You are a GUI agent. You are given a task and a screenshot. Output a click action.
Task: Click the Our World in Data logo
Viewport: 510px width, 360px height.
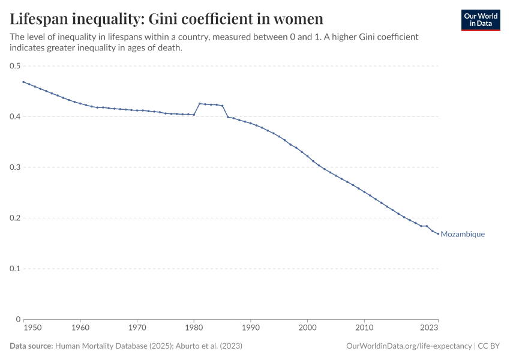tap(480, 20)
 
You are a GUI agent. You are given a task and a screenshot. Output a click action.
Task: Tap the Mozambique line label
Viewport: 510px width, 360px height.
tap(463, 235)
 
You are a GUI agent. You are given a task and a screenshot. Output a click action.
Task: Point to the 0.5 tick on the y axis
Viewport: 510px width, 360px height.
tap(14, 66)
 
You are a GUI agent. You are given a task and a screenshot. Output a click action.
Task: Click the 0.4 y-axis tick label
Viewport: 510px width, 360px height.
tap(14, 116)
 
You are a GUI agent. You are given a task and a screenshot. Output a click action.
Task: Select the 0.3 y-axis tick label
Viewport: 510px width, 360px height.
tap(14, 167)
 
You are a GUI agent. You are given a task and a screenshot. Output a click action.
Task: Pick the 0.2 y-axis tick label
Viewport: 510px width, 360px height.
tap(14, 218)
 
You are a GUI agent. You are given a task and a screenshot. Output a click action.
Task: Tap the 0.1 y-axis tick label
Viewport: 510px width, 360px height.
tap(14, 269)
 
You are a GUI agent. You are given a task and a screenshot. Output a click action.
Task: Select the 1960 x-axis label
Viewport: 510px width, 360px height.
tap(80, 328)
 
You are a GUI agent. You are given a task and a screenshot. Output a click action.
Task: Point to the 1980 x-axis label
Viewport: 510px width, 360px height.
tap(194, 328)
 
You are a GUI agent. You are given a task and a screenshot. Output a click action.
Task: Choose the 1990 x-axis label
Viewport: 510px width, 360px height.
tap(251, 328)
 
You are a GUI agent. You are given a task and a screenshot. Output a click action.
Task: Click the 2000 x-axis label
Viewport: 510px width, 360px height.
tap(307, 328)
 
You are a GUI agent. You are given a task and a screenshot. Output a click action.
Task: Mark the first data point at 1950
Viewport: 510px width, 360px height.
tap(23, 82)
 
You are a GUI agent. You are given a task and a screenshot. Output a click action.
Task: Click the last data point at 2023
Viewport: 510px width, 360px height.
tap(438, 233)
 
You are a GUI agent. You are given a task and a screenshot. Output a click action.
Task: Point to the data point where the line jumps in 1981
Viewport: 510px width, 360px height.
tap(199, 104)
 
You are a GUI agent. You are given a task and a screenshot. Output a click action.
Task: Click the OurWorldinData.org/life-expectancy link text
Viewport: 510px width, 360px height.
tap(409, 346)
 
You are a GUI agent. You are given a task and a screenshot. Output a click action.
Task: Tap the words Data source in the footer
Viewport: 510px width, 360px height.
tap(31, 346)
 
